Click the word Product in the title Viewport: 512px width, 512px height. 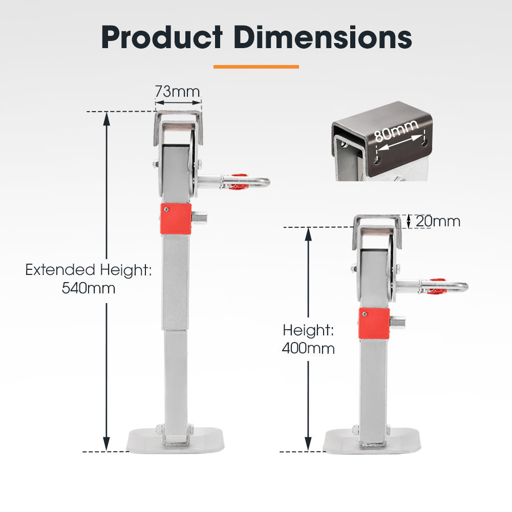click(x=162, y=37)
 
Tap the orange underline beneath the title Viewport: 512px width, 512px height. click(x=256, y=66)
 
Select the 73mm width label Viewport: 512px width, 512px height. click(x=178, y=92)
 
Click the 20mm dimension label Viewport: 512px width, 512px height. click(x=438, y=221)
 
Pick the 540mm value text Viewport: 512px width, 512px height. click(x=89, y=288)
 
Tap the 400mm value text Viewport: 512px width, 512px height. click(x=308, y=349)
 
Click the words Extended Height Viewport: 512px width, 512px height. click(x=89, y=270)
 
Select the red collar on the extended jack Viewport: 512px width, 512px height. click(x=176, y=218)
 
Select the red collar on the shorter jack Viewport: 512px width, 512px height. click(x=374, y=323)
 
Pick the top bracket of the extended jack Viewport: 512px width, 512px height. click(x=178, y=123)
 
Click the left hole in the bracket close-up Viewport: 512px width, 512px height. click(x=377, y=160)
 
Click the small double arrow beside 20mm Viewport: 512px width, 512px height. click(x=409, y=221)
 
